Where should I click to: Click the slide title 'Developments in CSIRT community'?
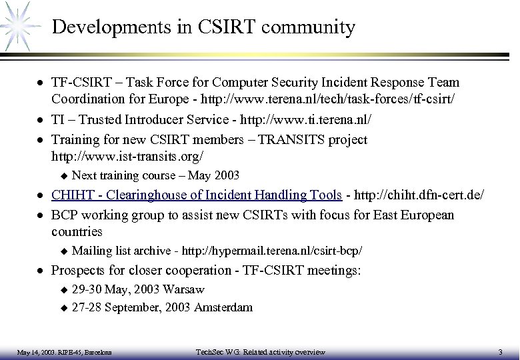(203, 27)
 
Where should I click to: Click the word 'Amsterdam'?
(225, 307)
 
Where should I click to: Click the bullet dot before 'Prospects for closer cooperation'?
(41, 272)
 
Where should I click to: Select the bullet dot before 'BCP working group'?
(41, 215)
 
